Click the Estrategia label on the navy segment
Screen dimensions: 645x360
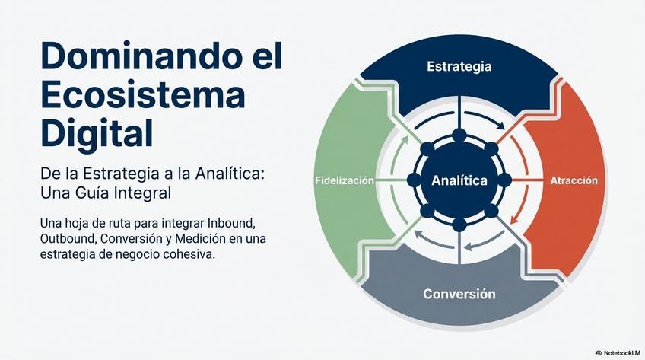[459, 66]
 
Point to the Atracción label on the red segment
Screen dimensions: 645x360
[574, 181]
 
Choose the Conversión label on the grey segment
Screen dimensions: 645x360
[459, 293]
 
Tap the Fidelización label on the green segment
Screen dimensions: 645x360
[345, 181]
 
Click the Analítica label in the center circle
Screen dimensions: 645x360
[459, 181]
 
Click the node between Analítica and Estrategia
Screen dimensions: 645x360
[459, 135]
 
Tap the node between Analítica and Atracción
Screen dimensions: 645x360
[504, 181]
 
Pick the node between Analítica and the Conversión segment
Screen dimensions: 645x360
[459, 225]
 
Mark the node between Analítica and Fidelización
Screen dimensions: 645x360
[414, 181]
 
